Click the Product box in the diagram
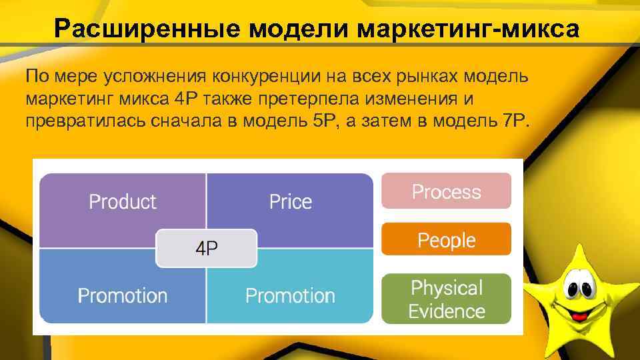(123, 201)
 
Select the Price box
(290, 201)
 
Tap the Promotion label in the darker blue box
(123, 295)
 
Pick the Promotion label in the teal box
(290, 295)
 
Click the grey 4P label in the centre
(206, 248)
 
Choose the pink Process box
(446, 191)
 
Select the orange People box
(446, 240)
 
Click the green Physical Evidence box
(446, 299)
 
